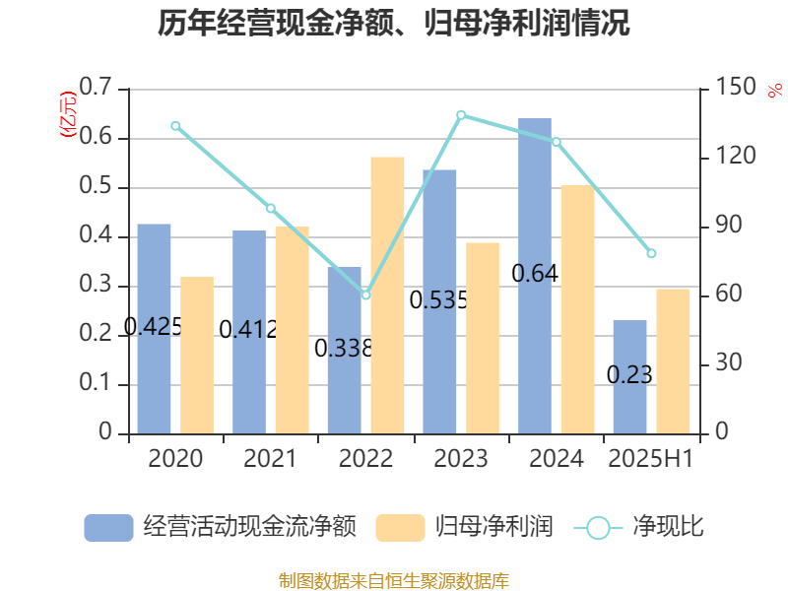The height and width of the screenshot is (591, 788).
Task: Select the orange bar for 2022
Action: (387, 295)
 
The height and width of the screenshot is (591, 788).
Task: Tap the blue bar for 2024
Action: (535, 276)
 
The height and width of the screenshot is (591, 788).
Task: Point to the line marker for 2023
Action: (461, 115)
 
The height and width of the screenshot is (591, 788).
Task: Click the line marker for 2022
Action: (365, 295)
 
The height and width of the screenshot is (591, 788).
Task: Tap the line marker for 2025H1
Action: (651, 253)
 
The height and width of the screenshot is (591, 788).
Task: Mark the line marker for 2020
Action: (175, 126)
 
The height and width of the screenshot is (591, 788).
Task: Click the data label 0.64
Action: (535, 274)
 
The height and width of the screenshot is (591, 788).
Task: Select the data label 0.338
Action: (343, 348)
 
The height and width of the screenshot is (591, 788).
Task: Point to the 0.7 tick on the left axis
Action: (95, 90)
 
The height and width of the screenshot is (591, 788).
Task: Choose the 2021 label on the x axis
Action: (270, 459)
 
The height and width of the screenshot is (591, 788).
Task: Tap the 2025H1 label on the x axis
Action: (651, 459)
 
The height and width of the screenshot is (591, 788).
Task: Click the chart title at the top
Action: (394, 24)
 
